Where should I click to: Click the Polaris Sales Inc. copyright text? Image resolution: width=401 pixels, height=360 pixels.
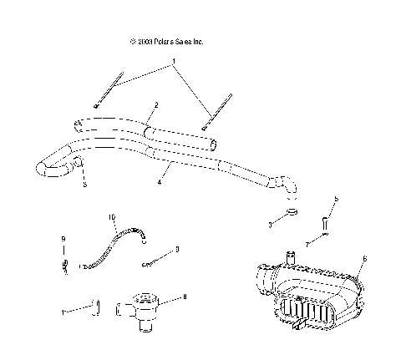tap(166, 41)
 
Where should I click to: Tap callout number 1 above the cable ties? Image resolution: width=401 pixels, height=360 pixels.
tap(174, 61)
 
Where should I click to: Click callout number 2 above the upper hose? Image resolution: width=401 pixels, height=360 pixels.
tap(155, 106)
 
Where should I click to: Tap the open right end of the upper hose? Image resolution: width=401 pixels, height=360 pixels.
tap(216, 144)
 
